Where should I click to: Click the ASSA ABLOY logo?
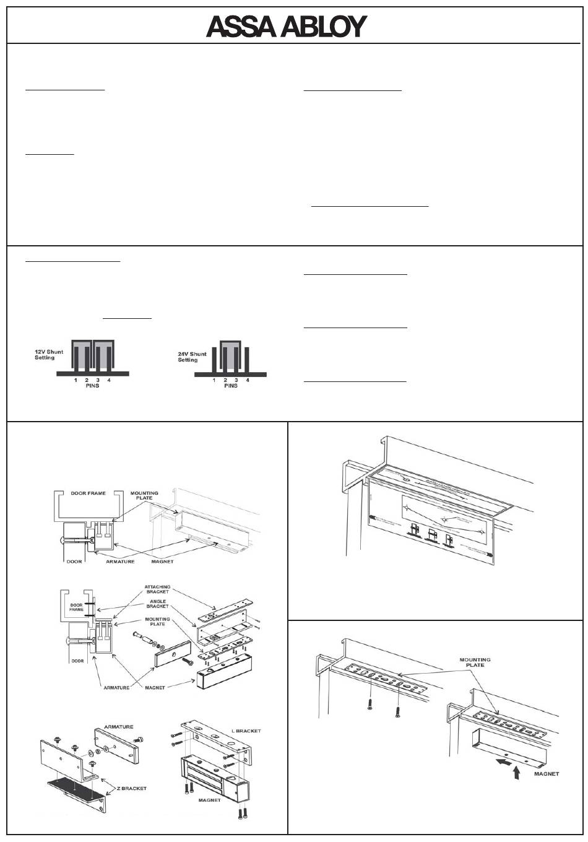pos(287,27)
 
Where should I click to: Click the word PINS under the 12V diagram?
pos(92,386)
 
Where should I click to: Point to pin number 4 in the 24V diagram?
pos(248,380)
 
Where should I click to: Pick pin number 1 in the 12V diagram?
pos(76,380)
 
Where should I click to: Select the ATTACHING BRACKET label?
pos(158,589)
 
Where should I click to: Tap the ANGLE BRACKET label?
pos(158,603)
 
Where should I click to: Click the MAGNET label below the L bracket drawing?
pos(209,800)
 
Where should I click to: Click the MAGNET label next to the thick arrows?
pos(545,774)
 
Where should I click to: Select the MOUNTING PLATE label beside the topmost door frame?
pos(144,496)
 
